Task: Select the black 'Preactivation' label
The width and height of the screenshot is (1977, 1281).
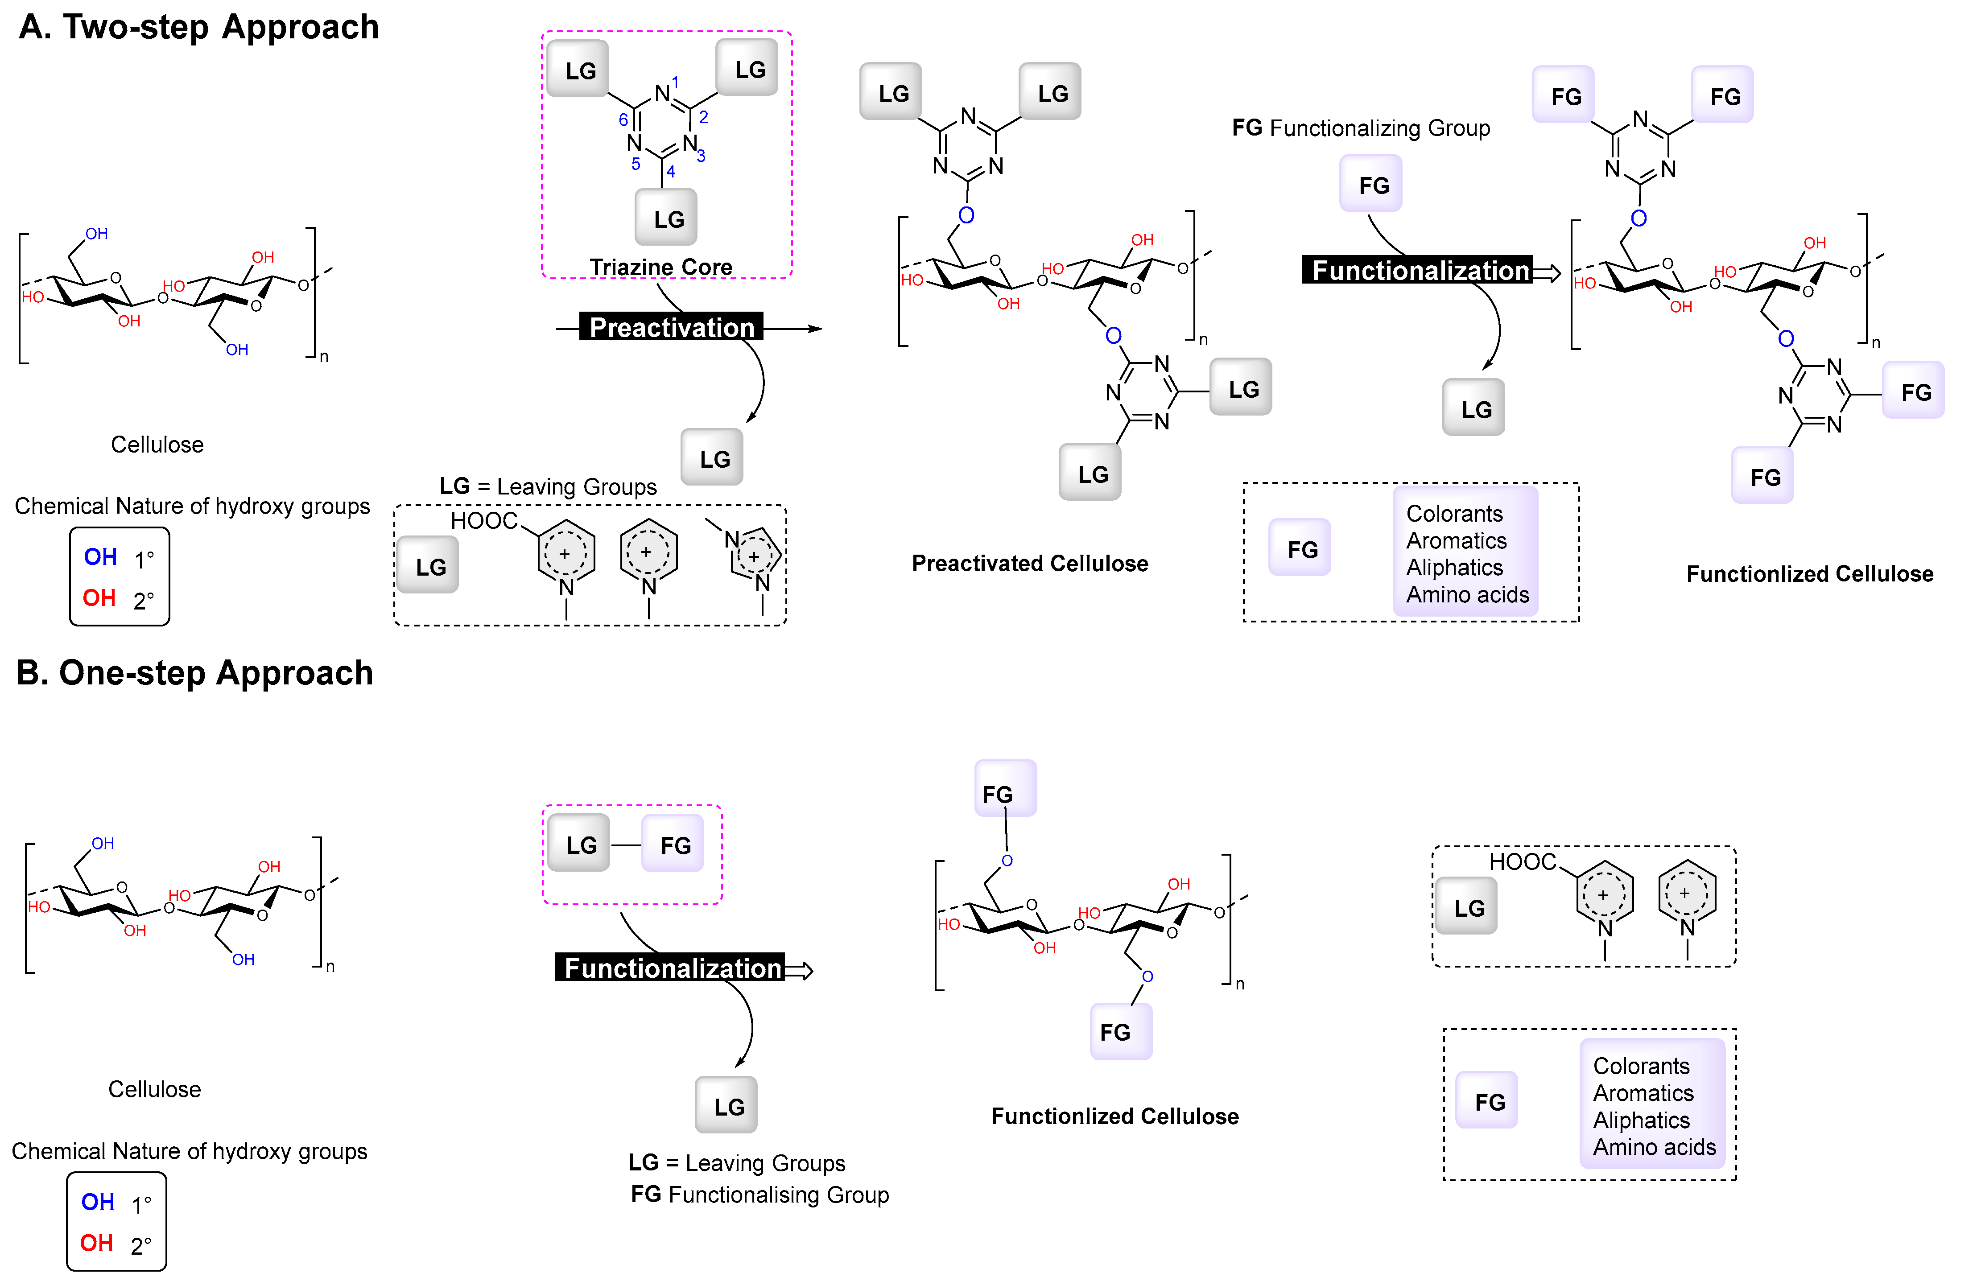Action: pos(671,327)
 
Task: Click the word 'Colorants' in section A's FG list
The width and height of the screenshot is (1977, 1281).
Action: pos(1454,513)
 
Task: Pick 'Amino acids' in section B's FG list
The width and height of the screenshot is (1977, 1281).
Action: pos(1653,1147)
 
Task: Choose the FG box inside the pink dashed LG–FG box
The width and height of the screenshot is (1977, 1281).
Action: pos(674,845)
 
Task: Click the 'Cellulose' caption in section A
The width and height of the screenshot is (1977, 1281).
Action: pos(157,445)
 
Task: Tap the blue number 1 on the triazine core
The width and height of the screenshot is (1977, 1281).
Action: pos(675,82)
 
